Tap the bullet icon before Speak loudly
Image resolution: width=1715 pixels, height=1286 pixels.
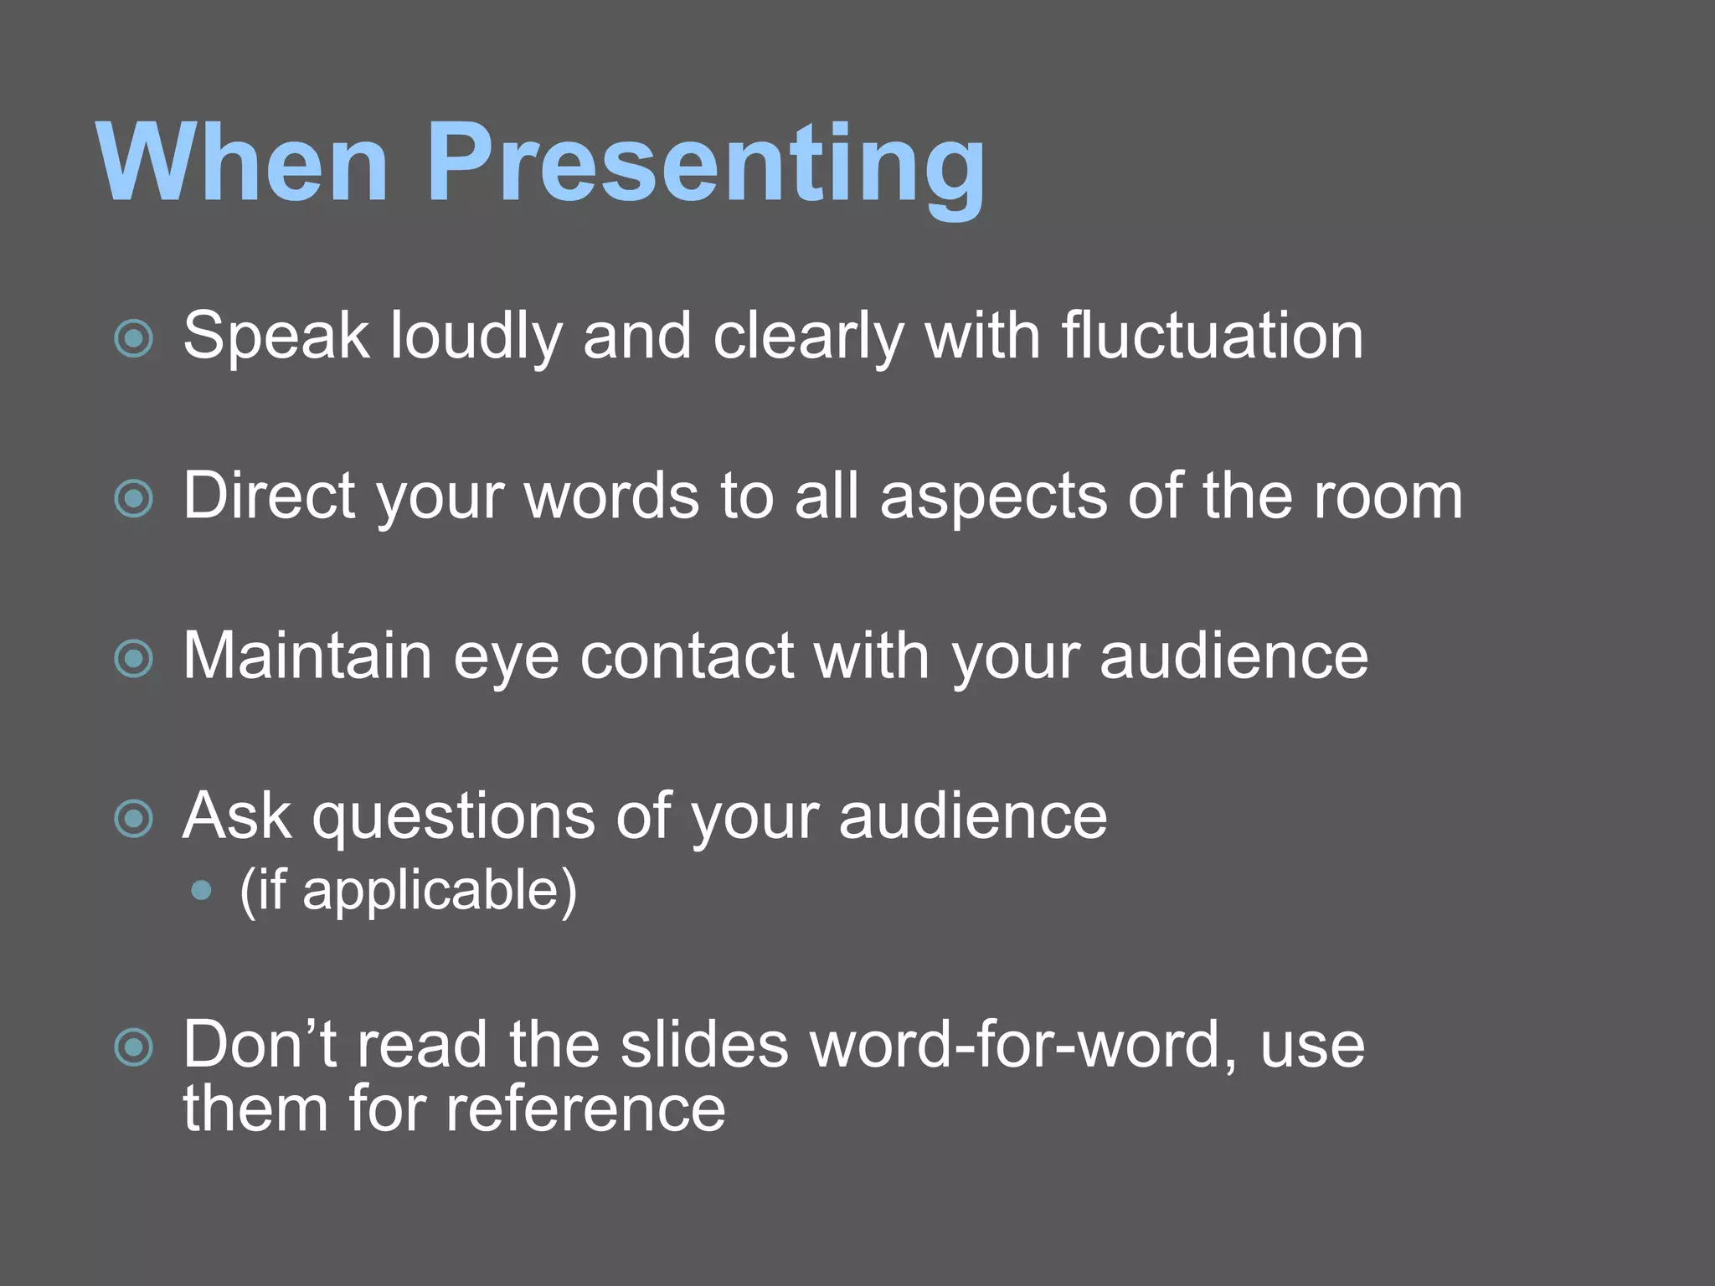click(134, 339)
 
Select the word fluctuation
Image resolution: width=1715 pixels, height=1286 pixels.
click(1212, 337)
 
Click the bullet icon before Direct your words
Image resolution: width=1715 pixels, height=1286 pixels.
click(134, 499)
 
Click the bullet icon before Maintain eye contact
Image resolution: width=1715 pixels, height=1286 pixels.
click(134, 659)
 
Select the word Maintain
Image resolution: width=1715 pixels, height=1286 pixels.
click(307, 656)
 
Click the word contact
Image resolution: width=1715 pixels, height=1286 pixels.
click(687, 656)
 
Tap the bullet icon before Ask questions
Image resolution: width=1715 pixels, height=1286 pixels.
click(134, 819)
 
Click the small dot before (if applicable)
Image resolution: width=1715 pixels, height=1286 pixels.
click(201, 891)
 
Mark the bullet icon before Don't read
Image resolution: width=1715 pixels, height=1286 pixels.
click(134, 1047)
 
